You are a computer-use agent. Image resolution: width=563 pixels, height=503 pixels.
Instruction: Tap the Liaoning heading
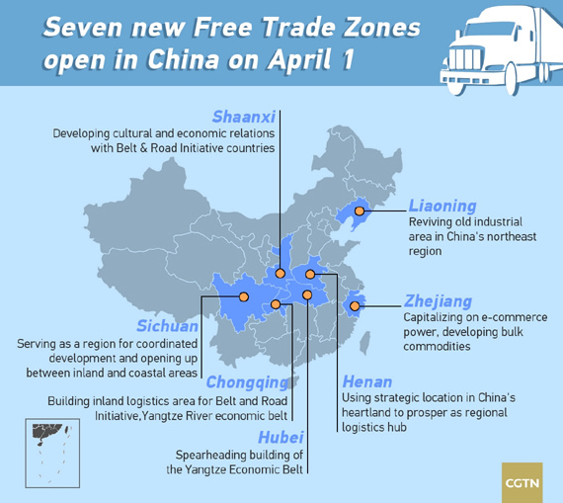442,207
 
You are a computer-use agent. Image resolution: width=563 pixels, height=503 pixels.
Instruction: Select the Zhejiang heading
438,301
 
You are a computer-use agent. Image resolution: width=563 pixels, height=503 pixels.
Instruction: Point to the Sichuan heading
167,326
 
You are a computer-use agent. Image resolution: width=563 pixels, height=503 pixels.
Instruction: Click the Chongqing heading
247,382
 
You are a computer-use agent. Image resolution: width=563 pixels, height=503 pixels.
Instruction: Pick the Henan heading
366,381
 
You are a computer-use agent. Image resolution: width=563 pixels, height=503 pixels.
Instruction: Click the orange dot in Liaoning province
360,210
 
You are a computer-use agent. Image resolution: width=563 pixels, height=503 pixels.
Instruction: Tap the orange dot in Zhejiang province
355,306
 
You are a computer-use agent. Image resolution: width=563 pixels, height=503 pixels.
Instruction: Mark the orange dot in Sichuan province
244,296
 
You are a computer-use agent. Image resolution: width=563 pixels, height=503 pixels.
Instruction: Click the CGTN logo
522,481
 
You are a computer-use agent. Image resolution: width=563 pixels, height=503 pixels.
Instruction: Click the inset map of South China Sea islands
50,444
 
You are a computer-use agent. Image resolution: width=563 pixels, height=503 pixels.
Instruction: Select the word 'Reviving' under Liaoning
431,222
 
